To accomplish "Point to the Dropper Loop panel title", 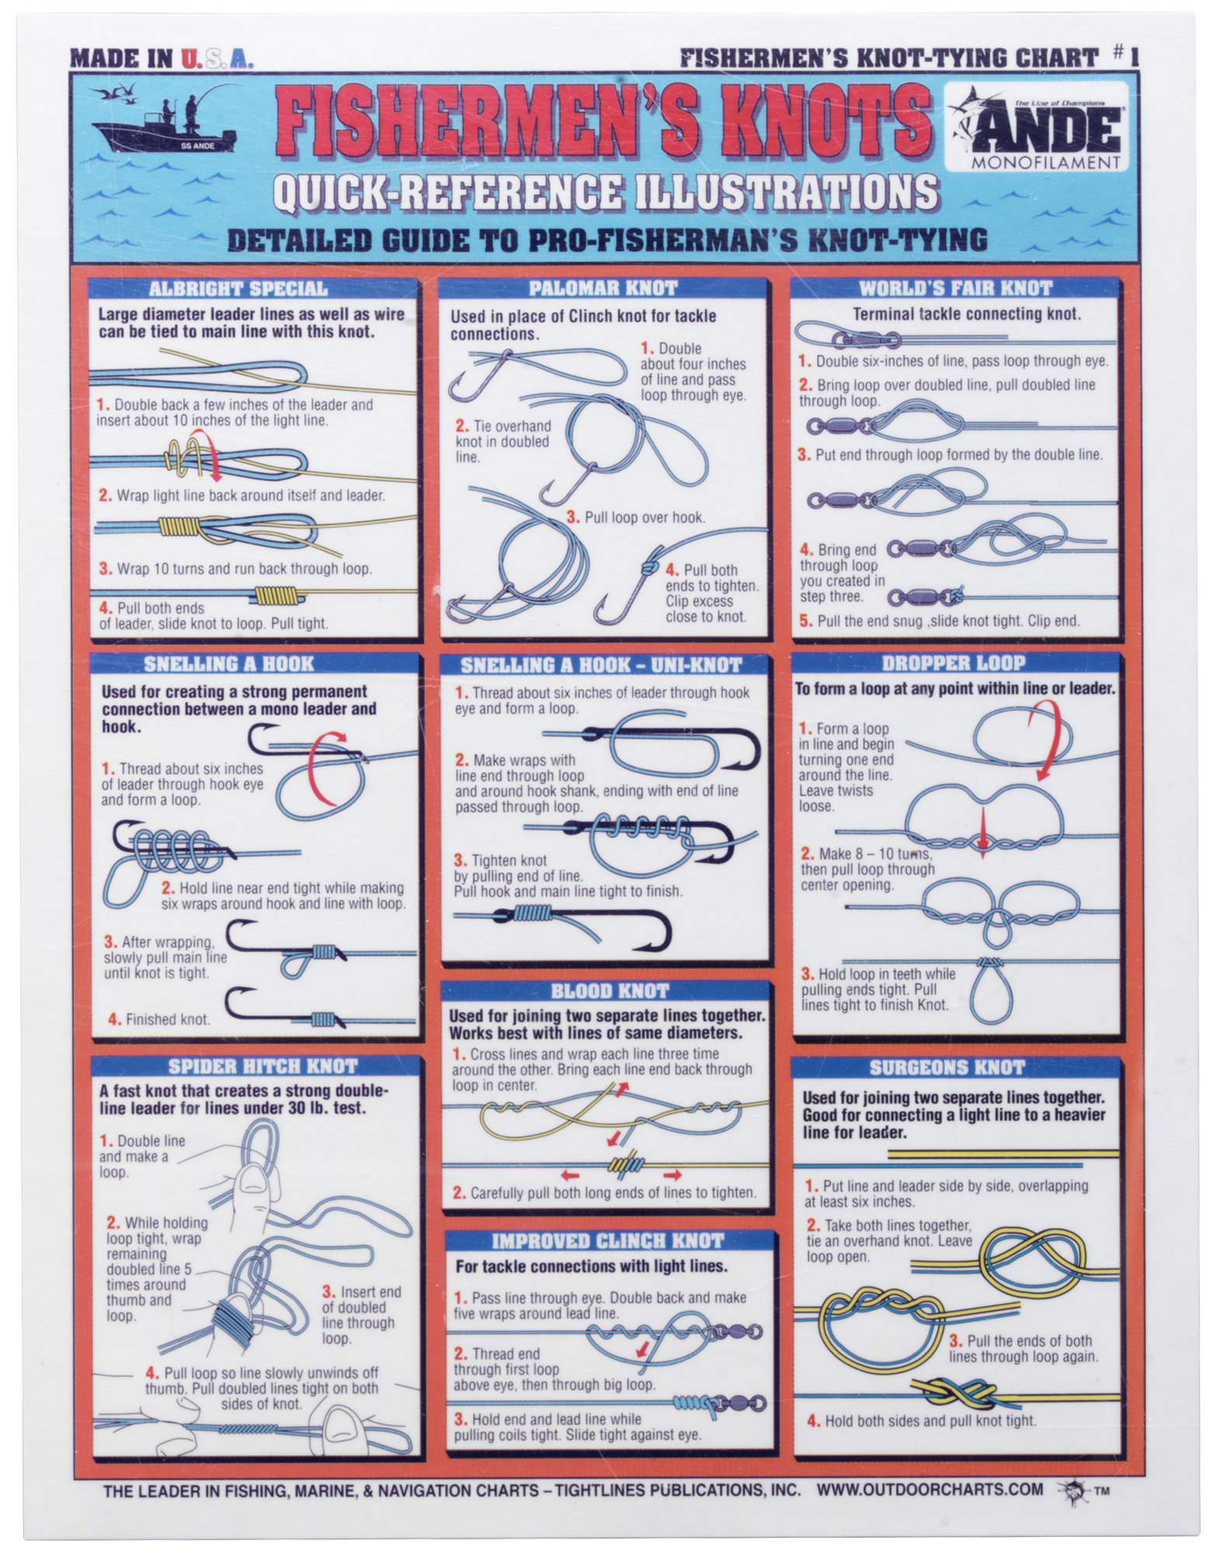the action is coord(953,663).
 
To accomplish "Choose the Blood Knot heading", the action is coord(609,991).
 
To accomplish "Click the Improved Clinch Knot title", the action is coord(608,1241).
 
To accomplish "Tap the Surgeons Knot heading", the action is coord(947,1067).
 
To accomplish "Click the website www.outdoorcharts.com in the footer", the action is coord(930,1490).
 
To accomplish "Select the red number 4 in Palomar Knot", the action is coord(671,570).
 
